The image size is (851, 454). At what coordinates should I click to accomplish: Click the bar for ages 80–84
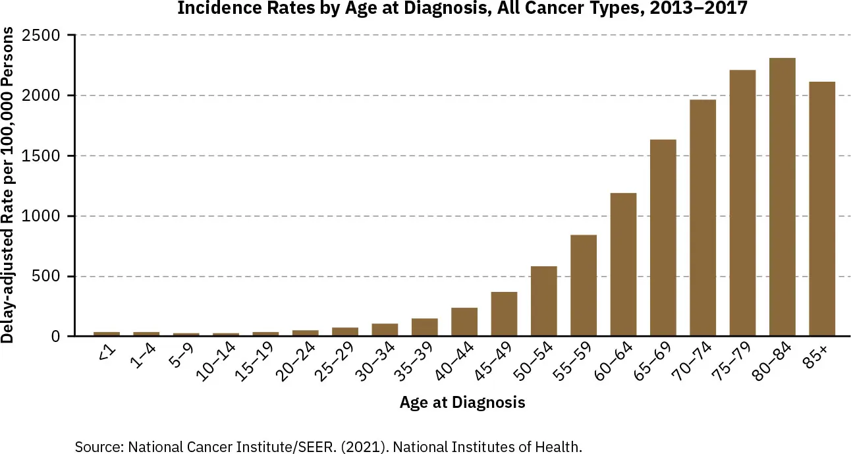point(782,198)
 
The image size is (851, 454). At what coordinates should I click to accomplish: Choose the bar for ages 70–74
point(702,218)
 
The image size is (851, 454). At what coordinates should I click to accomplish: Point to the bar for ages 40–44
point(464,322)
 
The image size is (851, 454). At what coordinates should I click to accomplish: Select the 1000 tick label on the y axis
point(41,216)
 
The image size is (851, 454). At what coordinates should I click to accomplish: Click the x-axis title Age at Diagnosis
point(462,402)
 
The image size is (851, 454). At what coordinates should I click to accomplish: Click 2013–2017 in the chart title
point(699,9)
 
